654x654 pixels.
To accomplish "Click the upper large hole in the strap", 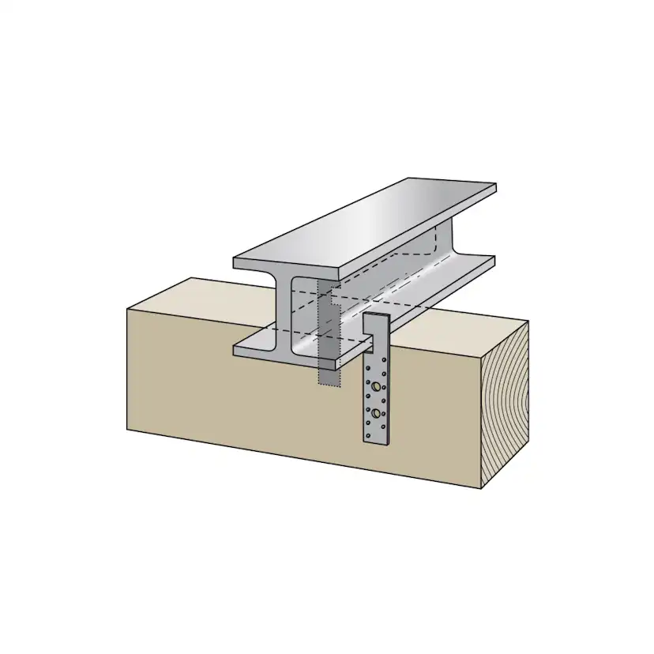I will click(378, 387).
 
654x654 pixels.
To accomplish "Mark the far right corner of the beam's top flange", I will click(494, 187).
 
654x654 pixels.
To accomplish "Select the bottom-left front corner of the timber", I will click(128, 430).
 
